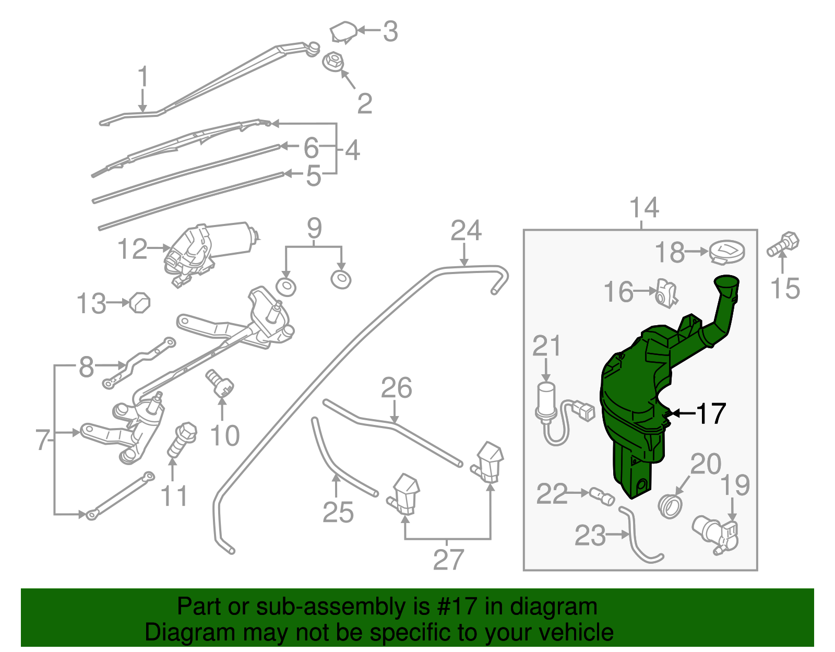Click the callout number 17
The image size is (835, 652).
pos(711,413)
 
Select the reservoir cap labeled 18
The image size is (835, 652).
pos(726,252)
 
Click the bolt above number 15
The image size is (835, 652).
pos(784,244)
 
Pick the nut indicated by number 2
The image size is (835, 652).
pos(332,62)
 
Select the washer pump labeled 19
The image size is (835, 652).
pos(715,532)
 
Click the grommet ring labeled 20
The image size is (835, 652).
pos(671,505)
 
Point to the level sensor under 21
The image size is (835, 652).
pos(546,402)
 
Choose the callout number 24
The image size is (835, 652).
pos(466,230)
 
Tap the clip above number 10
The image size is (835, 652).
pos(220,384)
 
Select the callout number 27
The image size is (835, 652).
pos(448,560)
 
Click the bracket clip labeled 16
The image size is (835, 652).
pos(666,293)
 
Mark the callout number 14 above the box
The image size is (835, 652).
pos(644,208)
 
